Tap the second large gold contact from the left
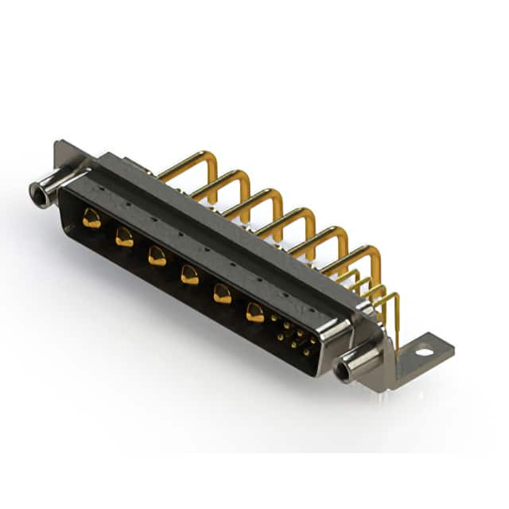(x=124, y=237)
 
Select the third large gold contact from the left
(x=157, y=255)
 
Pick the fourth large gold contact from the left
(x=189, y=275)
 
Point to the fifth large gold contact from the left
(x=222, y=294)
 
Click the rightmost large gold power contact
(x=254, y=313)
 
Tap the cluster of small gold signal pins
(x=293, y=336)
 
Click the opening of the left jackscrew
(x=37, y=191)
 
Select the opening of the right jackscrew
(x=344, y=371)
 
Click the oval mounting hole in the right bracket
(x=424, y=350)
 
